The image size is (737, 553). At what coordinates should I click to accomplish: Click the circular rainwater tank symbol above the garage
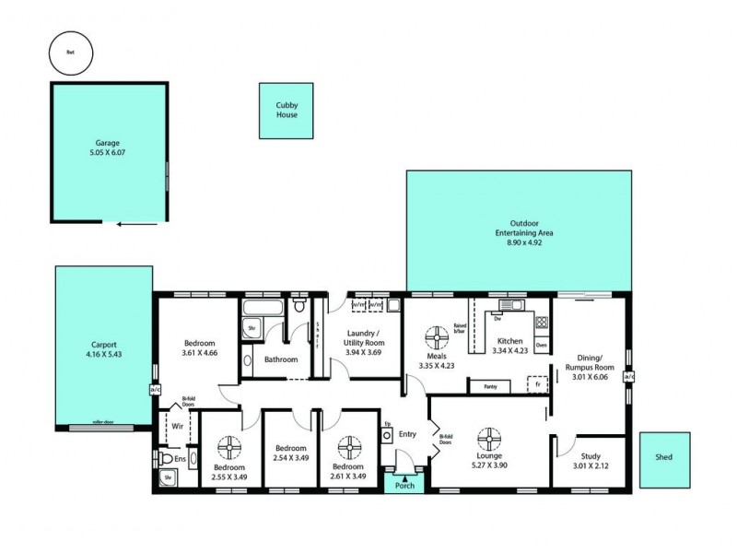pos(69,52)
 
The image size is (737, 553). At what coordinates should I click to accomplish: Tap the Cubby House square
pos(287,112)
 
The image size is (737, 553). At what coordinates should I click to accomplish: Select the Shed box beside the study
pos(663,461)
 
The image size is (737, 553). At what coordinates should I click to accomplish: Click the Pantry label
pos(491,387)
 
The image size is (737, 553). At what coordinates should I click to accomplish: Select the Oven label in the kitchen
pos(542,346)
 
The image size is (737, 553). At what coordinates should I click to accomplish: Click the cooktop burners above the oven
pos(542,323)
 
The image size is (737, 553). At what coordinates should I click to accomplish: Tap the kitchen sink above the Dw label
pos(506,305)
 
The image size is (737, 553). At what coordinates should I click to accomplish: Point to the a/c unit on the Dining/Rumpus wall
pos(630,377)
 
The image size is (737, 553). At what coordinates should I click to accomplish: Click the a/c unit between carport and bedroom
pos(154,389)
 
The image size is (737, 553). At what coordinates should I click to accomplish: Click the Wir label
pos(178,426)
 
